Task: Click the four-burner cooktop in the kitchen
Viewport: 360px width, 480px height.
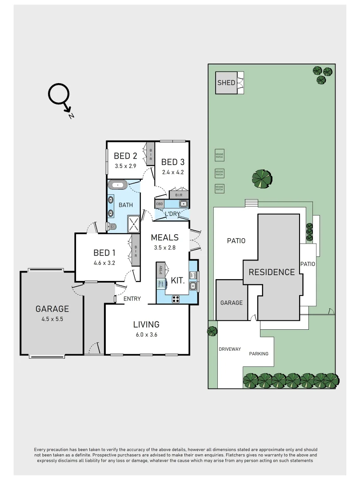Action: (176, 299)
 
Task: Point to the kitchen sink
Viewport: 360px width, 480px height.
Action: (193, 286)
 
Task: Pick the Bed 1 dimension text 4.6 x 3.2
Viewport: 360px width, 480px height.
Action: (104, 263)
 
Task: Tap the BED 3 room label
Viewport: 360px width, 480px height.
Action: (172, 162)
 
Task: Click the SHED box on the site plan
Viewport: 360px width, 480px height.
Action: (226, 83)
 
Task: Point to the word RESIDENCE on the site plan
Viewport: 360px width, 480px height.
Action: (271, 272)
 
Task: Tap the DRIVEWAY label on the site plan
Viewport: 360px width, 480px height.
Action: (229, 349)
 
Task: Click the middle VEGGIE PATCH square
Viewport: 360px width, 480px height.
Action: (219, 172)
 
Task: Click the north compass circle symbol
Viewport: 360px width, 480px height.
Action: (59, 94)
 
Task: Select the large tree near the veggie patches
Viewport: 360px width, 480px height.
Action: (261, 179)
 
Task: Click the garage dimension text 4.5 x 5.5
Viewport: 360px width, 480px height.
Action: (52, 319)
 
